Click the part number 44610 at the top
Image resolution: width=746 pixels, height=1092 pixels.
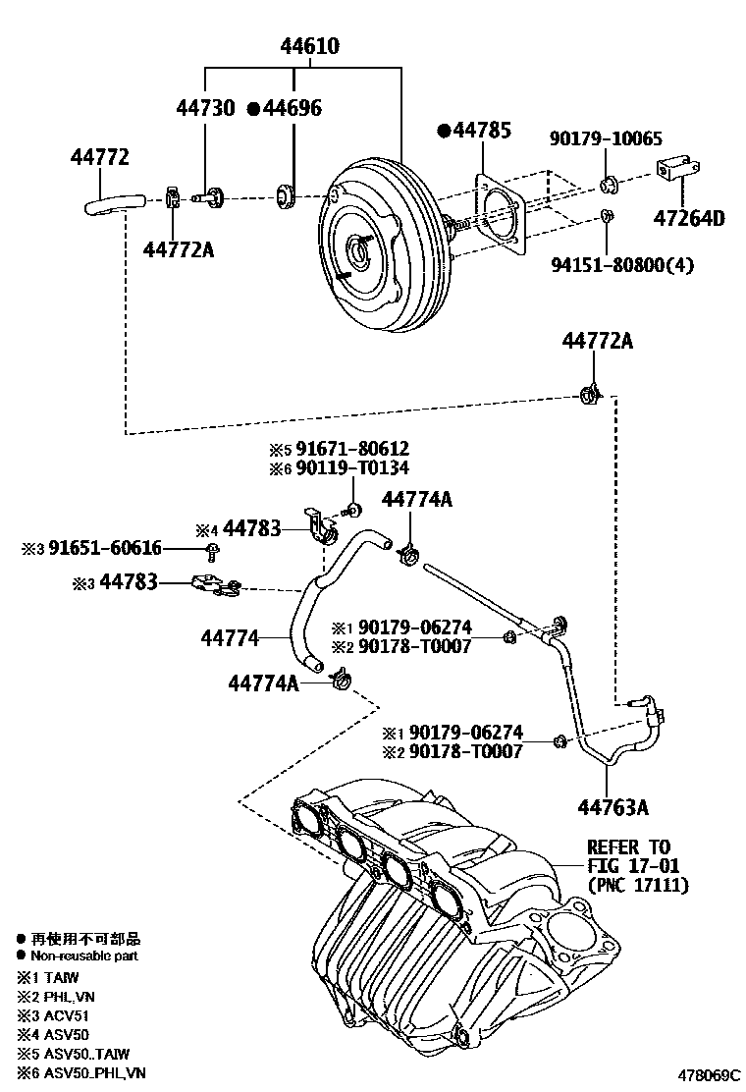click(311, 46)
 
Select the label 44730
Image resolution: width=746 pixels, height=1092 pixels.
click(206, 108)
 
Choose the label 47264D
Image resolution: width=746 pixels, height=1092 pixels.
click(690, 217)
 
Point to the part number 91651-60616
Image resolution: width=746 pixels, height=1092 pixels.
click(99, 548)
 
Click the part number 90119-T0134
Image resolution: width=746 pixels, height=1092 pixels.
click(347, 468)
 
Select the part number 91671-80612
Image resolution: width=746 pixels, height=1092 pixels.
click(347, 449)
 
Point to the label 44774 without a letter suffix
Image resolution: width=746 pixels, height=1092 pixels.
click(231, 639)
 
